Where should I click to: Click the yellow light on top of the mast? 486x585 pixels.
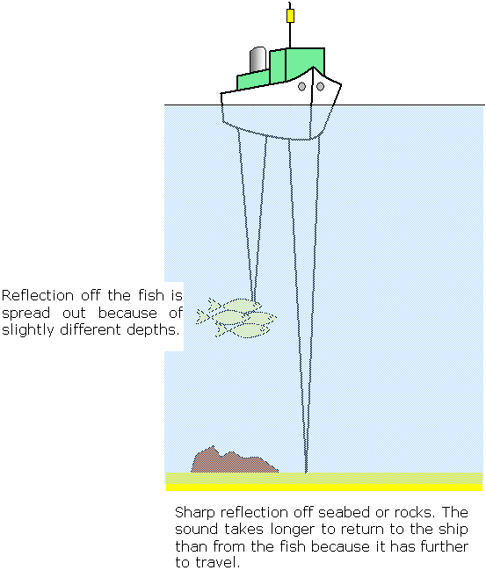[x=290, y=16]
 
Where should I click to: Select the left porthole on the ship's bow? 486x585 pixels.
[x=302, y=87]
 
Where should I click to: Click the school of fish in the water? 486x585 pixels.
[x=237, y=319]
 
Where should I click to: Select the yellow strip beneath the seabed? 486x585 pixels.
[x=323, y=487]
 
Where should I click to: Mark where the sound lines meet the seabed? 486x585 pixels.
[x=304, y=472]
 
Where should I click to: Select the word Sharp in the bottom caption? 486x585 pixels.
[x=193, y=511]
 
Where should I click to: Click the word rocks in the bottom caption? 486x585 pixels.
[x=393, y=511]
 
